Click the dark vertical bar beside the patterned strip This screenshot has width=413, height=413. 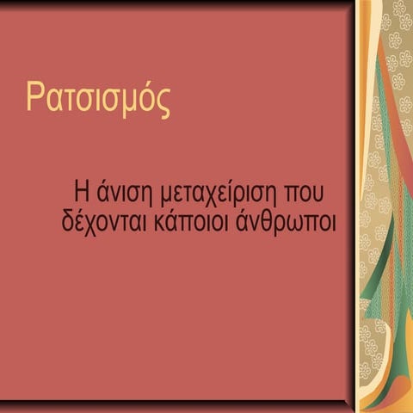(354, 206)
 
